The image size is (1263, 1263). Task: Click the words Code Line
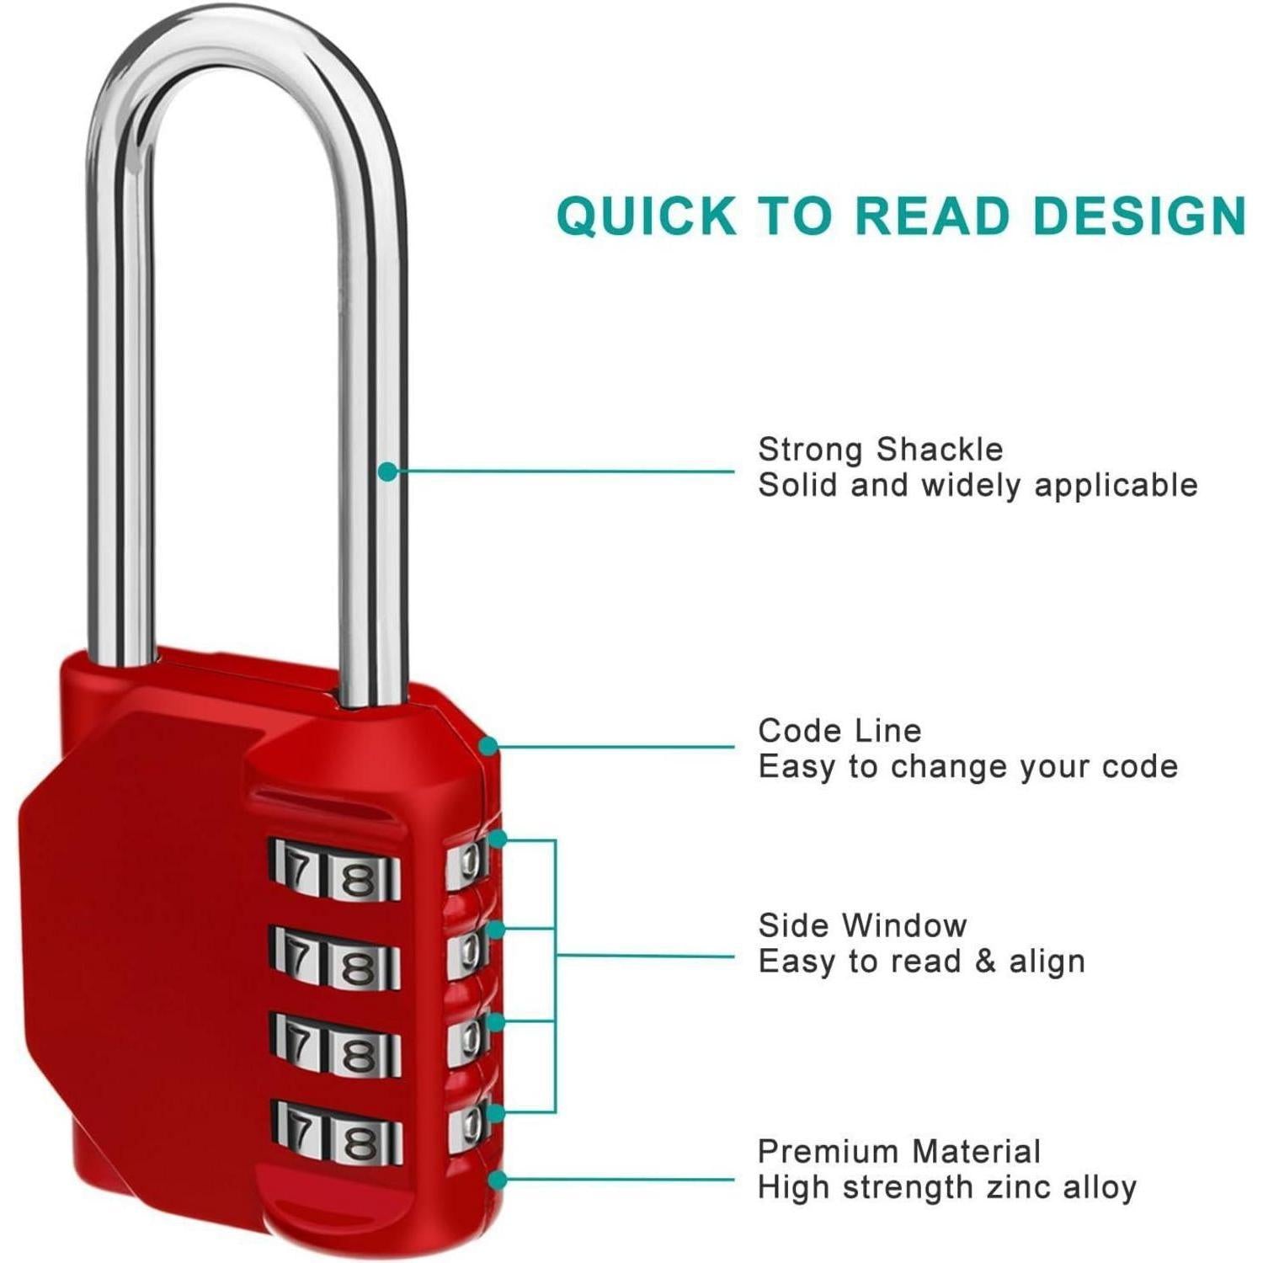839,730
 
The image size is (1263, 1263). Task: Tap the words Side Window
862,925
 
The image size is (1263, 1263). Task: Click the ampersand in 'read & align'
984,961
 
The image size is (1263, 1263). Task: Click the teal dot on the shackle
387,472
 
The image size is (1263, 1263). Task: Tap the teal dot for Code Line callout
488,746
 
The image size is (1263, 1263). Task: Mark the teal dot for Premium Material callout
498,1179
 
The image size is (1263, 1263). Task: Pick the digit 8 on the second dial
360,967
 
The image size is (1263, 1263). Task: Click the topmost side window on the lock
467,861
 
